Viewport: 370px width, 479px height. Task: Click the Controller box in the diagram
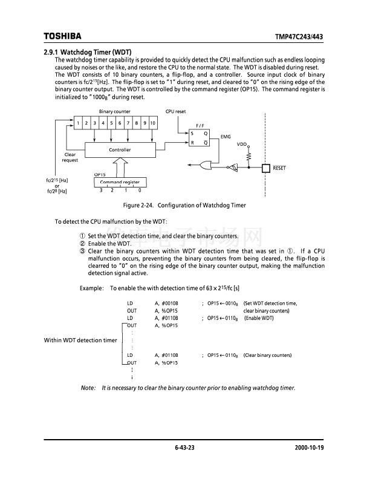(x=120, y=149)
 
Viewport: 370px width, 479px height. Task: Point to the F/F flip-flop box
(x=200, y=138)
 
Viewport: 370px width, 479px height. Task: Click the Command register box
(x=120, y=182)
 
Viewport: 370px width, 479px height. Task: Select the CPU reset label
(x=175, y=112)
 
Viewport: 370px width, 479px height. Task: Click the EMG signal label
(x=226, y=137)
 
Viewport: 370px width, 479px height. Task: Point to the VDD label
(x=241, y=144)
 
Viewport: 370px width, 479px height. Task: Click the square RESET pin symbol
(x=265, y=168)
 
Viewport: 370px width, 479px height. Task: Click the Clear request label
(x=70, y=157)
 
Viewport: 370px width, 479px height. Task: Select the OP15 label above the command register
(x=100, y=174)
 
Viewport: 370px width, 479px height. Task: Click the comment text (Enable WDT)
(x=259, y=318)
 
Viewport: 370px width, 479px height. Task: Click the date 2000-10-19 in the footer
(x=310, y=448)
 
